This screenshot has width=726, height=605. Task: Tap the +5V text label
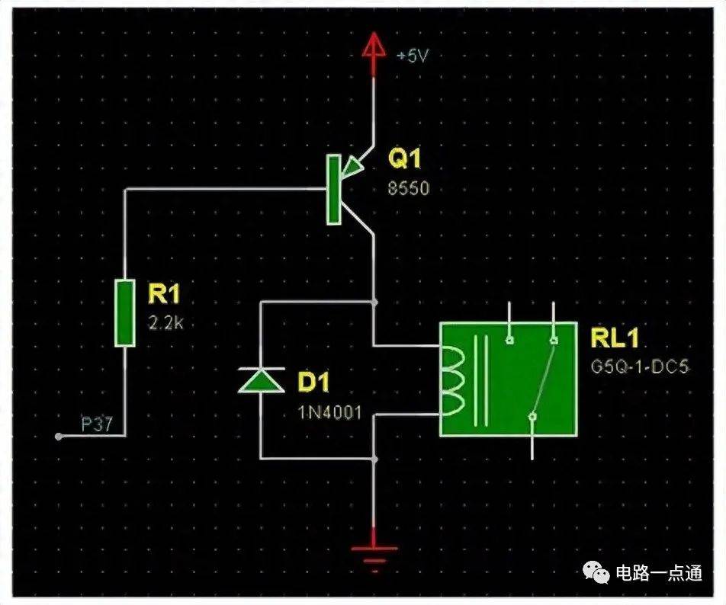413,56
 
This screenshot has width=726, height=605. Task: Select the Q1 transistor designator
405,158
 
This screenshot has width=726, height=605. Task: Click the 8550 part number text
409,188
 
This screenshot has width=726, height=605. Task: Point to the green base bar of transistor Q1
334,190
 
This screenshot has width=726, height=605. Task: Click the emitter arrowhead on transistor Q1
352,168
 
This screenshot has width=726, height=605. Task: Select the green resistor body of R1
124,312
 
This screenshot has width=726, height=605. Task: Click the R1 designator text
163,294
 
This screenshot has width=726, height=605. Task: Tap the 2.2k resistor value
165,323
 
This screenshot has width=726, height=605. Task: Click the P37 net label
96,424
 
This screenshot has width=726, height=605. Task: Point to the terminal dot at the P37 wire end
58,436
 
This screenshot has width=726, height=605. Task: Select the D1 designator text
313,383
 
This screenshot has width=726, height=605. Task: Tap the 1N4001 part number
329,412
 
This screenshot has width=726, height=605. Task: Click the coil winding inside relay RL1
452,380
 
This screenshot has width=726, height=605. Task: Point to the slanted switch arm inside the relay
543,379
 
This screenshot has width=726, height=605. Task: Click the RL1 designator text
615,338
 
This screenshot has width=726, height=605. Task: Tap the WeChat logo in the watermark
596,573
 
